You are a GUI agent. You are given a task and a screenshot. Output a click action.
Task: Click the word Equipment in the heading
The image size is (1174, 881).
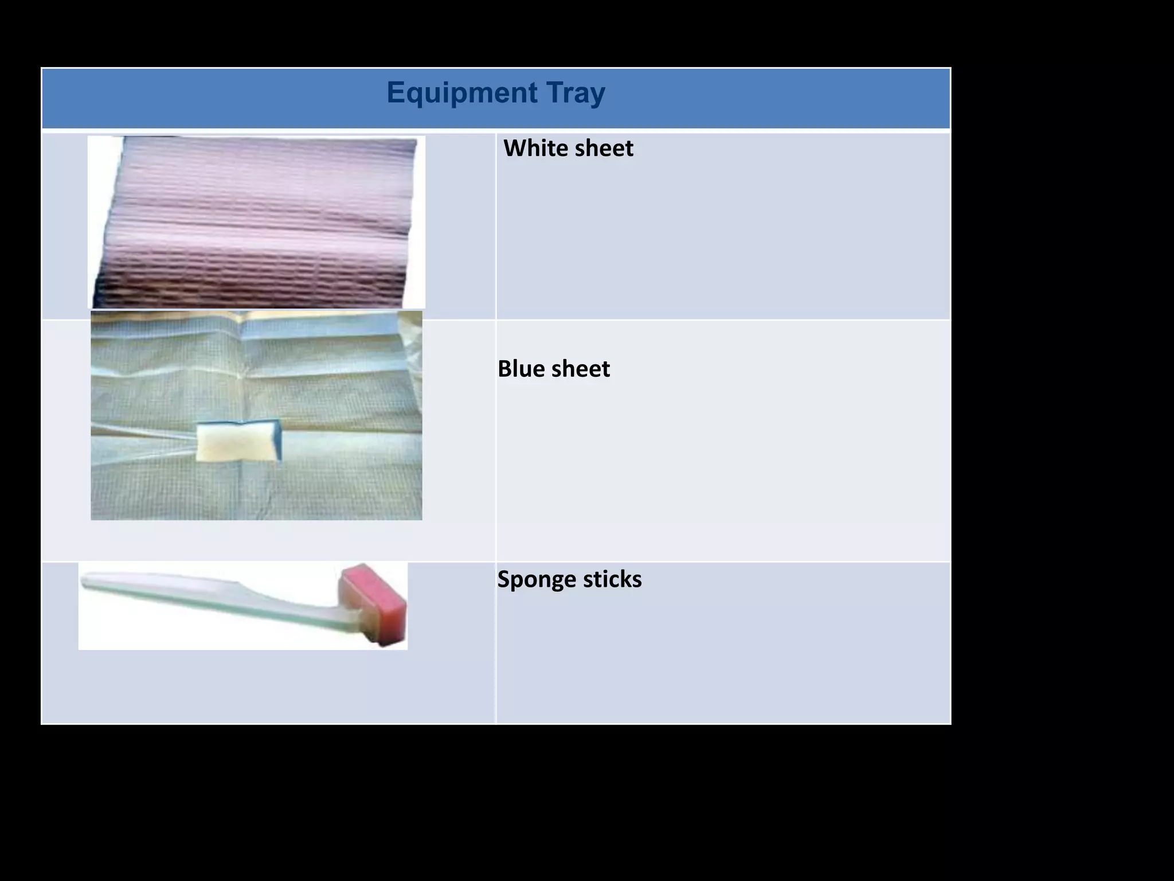click(x=461, y=93)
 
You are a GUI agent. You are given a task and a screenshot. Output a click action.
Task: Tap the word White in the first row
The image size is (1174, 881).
click(x=535, y=148)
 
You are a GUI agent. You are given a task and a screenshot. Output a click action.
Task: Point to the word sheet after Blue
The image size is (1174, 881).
click(x=581, y=368)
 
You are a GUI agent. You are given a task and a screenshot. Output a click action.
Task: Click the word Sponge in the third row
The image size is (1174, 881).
click(x=537, y=579)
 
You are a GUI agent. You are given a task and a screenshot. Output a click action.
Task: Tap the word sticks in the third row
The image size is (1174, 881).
click(x=613, y=579)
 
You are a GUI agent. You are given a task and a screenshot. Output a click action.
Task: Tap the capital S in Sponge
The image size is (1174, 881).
click(x=504, y=579)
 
